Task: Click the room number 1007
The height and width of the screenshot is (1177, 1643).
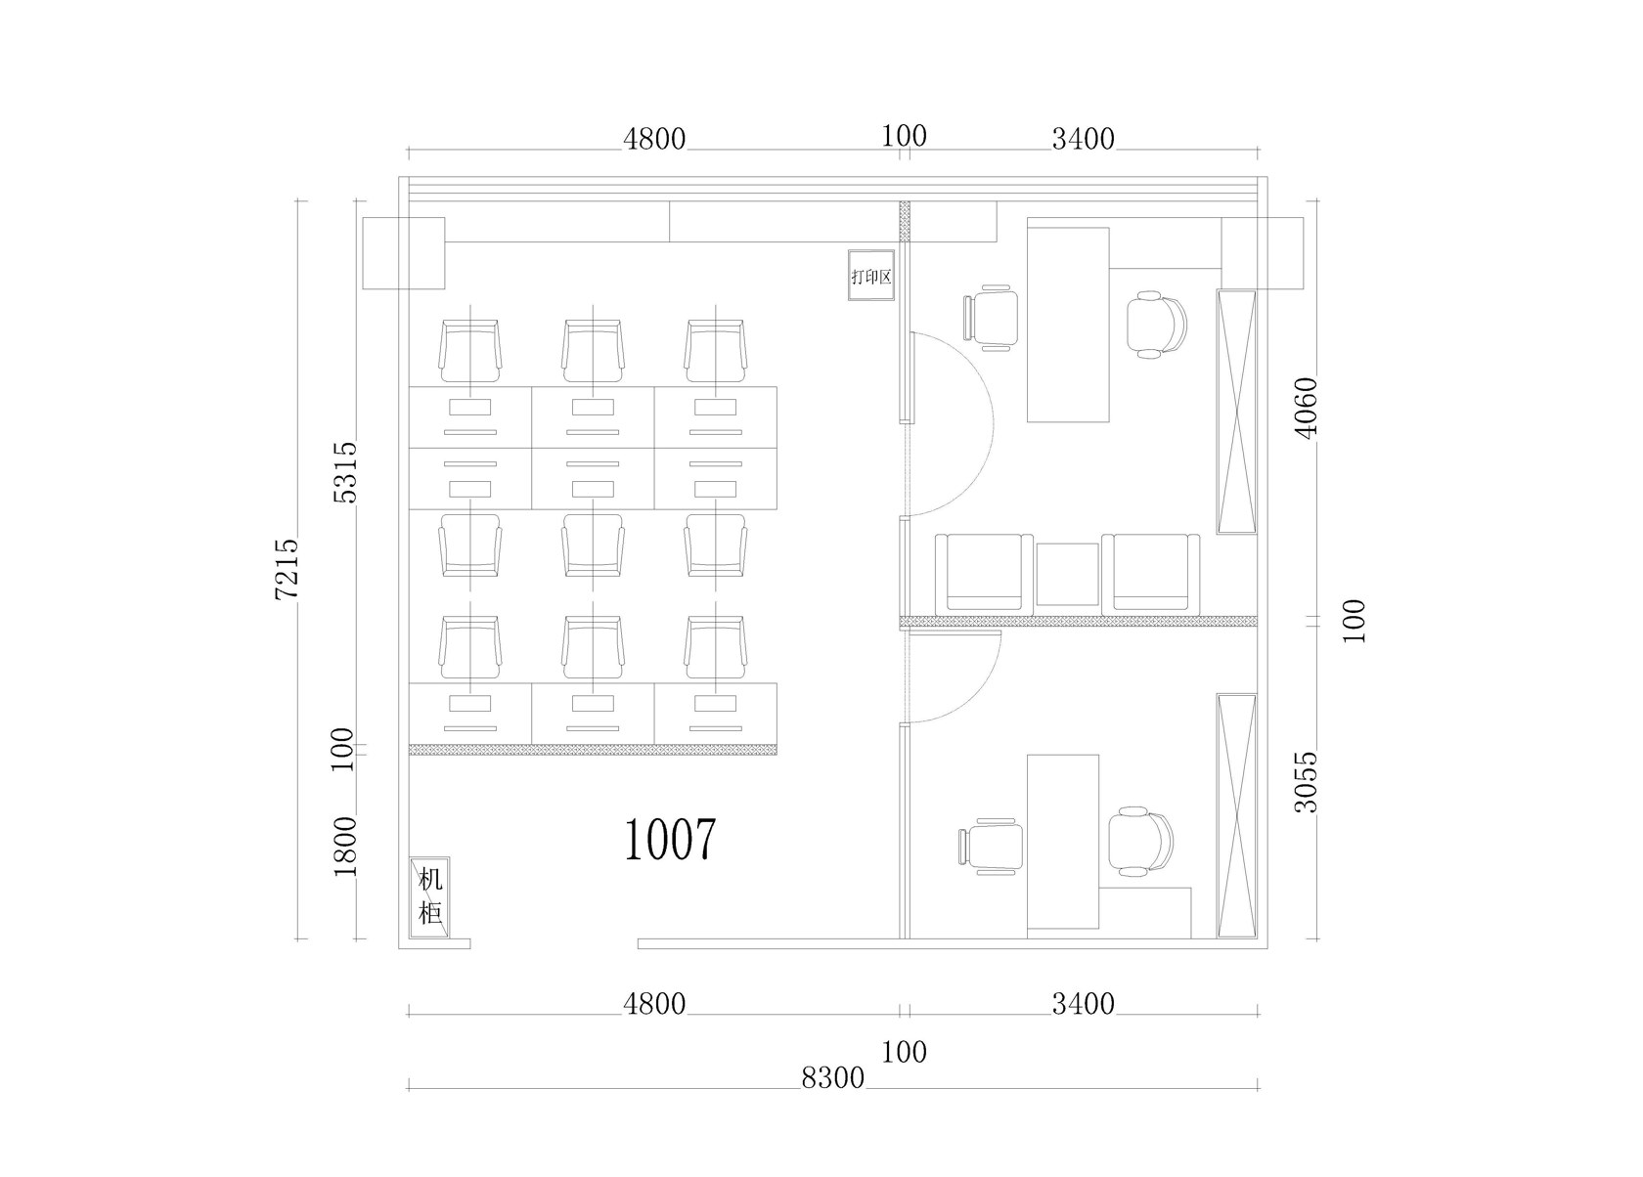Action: click(x=669, y=840)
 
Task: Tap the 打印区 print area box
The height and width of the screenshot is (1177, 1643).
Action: click(x=871, y=275)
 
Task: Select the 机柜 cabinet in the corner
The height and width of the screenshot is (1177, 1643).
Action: click(x=430, y=896)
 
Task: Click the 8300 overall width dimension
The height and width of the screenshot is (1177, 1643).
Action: click(x=832, y=1077)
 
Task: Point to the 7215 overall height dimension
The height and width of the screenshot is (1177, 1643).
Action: click(x=287, y=569)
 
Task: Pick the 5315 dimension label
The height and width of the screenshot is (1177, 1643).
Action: click(x=344, y=471)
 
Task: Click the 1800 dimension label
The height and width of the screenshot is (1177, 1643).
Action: click(x=344, y=847)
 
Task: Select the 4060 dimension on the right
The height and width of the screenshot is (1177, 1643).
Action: click(x=1307, y=409)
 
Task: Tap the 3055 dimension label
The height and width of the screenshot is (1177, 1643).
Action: click(x=1307, y=782)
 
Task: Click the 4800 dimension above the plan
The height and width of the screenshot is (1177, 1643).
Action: click(x=654, y=139)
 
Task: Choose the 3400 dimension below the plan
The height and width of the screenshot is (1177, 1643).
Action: click(x=1084, y=1003)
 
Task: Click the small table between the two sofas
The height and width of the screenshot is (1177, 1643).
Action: click(x=1067, y=574)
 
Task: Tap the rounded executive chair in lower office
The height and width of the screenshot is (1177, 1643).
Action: click(x=1140, y=841)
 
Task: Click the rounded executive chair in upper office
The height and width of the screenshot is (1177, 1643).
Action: click(x=1156, y=325)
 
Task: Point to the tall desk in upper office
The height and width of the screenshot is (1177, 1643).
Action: click(x=1067, y=325)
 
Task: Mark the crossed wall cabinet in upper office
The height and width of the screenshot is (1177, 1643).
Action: click(x=1236, y=412)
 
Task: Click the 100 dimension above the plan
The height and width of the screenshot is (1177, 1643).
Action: click(x=904, y=136)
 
